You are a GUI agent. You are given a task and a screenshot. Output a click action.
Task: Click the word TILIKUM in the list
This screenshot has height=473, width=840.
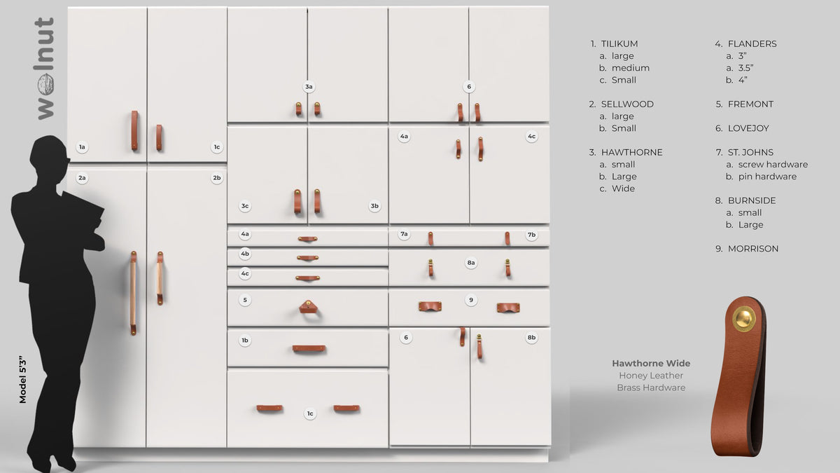coord(619,43)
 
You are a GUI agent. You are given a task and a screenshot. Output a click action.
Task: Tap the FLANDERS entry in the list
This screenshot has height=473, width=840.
coord(752,43)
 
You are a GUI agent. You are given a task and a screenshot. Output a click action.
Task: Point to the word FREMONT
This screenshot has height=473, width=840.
coord(750,104)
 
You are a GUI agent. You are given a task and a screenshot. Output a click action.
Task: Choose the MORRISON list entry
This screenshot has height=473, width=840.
coord(752,249)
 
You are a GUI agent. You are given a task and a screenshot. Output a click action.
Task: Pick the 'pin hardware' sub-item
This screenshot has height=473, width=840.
coord(767,177)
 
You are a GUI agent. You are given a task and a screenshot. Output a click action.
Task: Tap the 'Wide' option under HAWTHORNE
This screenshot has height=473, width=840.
coord(623,188)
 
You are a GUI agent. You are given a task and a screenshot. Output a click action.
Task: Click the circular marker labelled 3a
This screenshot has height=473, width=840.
coord(309,87)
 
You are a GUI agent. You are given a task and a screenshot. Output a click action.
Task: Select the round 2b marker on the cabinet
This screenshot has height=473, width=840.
coord(217,178)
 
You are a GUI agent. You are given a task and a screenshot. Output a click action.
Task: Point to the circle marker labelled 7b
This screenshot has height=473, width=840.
coord(531,235)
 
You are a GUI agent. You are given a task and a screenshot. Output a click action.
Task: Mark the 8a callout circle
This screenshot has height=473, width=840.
coord(471,263)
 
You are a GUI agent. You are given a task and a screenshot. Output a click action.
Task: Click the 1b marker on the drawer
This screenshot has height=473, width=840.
coord(245,341)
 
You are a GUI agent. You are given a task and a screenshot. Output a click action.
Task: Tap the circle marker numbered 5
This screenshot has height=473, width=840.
coord(245,300)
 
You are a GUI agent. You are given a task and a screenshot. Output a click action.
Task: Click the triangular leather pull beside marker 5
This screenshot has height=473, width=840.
coord(308,307)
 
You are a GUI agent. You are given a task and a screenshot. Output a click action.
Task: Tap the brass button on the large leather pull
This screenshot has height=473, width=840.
coord(743,320)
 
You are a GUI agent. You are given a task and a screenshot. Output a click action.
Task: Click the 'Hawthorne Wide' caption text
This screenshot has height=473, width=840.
coord(651,363)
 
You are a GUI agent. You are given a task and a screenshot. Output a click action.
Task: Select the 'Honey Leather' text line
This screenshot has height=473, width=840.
coord(651,376)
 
